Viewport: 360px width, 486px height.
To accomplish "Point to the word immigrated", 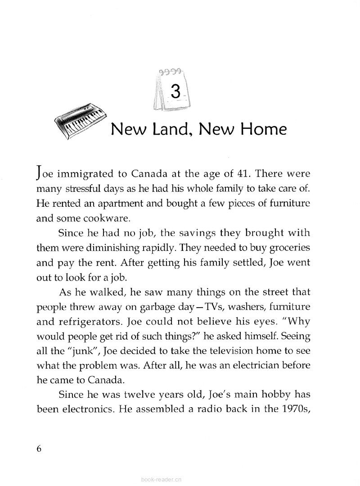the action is [x=80, y=173].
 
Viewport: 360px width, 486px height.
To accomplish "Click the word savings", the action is [x=180, y=233].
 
